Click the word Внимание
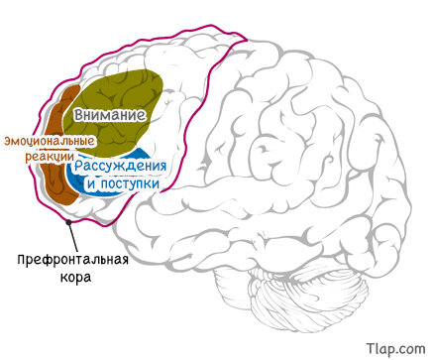pos(110,115)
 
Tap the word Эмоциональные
pos(50,142)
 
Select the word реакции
pos(50,156)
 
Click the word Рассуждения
pos(120,166)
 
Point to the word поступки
pos(130,183)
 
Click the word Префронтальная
pos(72,260)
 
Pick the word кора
pos(75,277)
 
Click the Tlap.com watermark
pos(395,349)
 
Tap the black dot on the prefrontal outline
pos(68,222)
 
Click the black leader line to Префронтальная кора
pos(73,237)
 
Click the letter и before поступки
pos(92,184)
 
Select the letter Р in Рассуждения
pos(78,167)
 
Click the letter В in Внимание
pos(79,115)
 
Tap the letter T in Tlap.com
pos(371,348)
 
